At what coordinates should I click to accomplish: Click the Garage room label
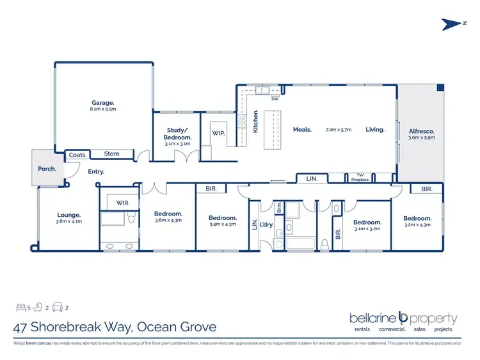(x=102, y=102)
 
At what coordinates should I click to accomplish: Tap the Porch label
(x=47, y=169)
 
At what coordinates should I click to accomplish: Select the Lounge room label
(x=68, y=215)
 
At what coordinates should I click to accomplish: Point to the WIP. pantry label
(x=218, y=134)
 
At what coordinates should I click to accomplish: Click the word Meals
(x=302, y=130)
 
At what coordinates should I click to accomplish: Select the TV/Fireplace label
(x=359, y=178)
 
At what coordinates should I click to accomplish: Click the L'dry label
(x=267, y=224)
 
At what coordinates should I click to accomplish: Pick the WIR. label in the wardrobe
(x=124, y=203)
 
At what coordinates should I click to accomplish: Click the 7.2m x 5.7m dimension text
(x=339, y=130)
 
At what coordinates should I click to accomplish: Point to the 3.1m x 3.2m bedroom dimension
(x=367, y=228)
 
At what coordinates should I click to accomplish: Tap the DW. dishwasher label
(x=275, y=99)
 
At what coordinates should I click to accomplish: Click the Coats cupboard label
(x=77, y=154)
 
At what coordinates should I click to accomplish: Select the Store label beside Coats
(x=112, y=153)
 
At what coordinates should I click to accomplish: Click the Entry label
(x=96, y=171)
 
